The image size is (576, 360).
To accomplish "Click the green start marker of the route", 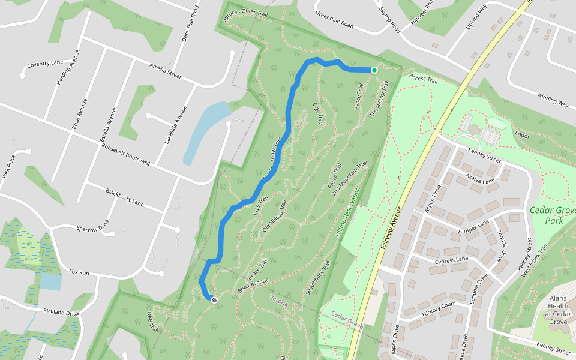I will [374, 70].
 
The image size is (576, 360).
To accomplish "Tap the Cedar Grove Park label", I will [552, 215].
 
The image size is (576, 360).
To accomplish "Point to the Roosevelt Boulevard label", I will [125, 155].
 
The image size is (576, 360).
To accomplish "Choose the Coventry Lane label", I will [45, 64].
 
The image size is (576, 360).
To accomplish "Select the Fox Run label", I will [79, 272].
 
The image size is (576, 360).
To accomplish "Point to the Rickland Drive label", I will [61, 312].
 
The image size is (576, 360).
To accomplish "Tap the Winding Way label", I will [553, 100].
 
